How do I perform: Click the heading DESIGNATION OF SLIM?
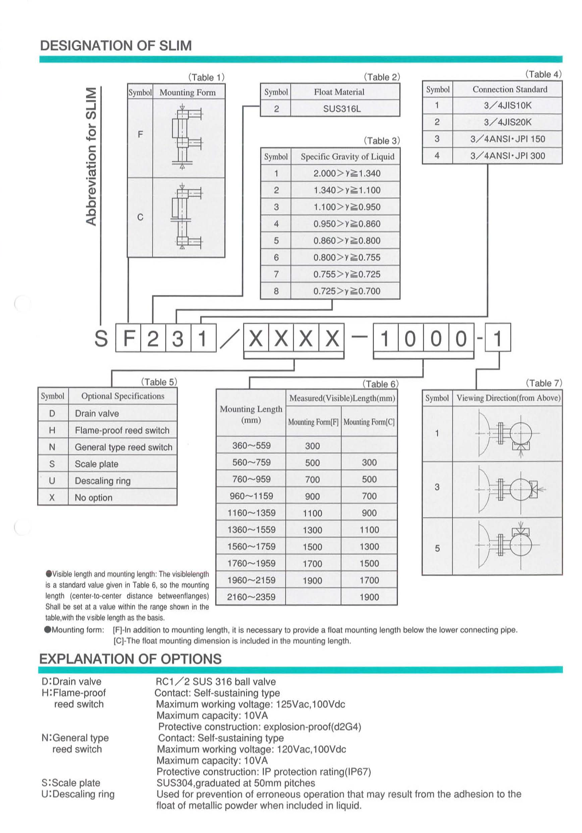[x=116, y=46]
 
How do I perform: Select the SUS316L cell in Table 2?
[x=342, y=109]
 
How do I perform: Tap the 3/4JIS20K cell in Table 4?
[x=507, y=122]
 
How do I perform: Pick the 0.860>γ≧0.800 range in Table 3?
[x=347, y=241]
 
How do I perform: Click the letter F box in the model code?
[x=128, y=338]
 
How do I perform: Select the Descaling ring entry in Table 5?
[x=103, y=481]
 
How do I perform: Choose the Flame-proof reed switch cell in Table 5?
[x=122, y=430]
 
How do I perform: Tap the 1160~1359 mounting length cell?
[x=251, y=513]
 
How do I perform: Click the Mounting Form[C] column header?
[x=369, y=422]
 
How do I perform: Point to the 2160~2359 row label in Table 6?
[x=251, y=597]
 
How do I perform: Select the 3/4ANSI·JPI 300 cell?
[x=507, y=156]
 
